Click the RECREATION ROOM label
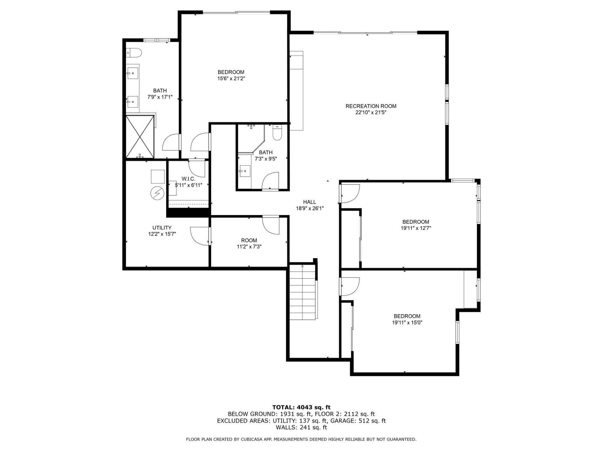click(x=370, y=106)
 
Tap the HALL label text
click(x=310, y=202)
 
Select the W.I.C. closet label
click(x=188, y=179)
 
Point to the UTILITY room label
click(x=162, y=228)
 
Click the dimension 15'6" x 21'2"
click(x=231, y=78)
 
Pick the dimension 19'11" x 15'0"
click(x=407, y=323)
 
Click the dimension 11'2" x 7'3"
click(x=249, y=247)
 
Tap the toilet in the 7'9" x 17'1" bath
click(x=134, y=53)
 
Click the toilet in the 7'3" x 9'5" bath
click(x=277, y=133)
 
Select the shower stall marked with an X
click(x=140, y=137)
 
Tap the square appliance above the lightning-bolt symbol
click(x=158, y=177)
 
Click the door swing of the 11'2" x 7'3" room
click(x=271, y=225)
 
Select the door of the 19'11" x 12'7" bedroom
click(x=349, y=194)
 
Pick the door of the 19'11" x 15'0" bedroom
click(x=349, y=287)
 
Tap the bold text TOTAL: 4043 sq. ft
click(x=301, y=407)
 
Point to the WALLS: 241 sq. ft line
click(x=301, y=427)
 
